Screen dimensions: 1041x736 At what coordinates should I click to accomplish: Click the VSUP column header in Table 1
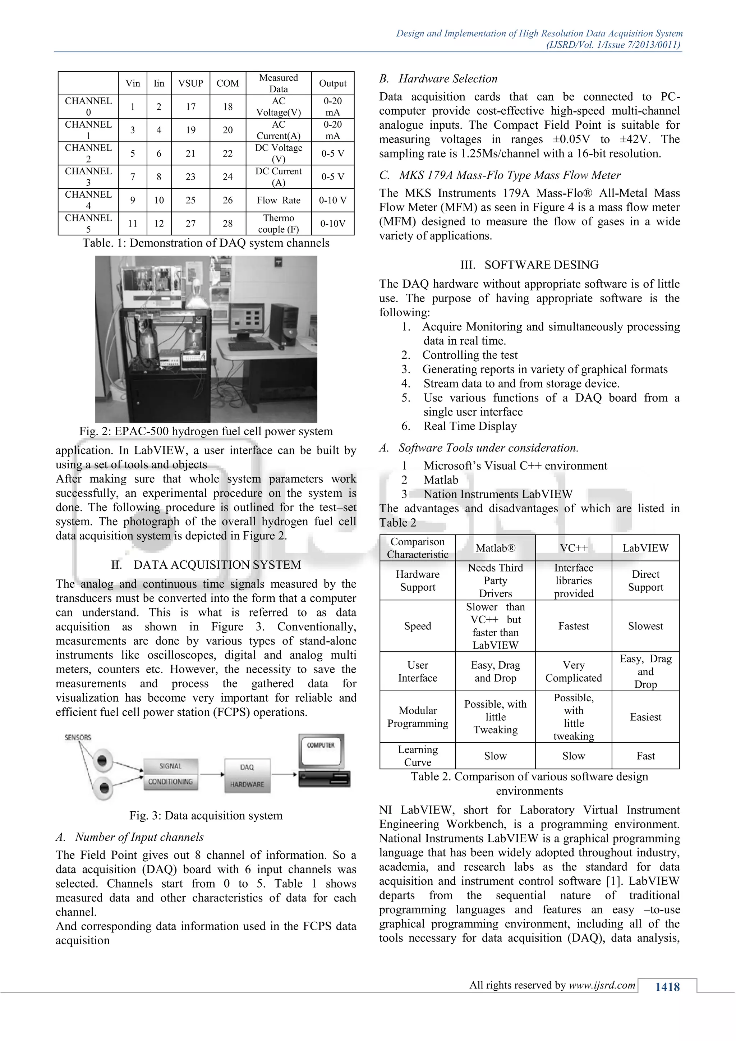190,83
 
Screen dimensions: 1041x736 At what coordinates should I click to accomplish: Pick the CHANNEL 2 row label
88,153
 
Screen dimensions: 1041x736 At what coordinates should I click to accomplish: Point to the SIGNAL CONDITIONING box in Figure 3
170,774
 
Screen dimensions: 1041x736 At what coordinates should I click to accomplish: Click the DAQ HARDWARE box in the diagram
247,775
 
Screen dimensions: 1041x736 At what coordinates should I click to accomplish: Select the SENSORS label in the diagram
78,737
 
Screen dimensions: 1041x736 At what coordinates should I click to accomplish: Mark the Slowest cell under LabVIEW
645,626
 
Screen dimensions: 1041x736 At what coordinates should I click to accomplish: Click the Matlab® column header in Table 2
495,548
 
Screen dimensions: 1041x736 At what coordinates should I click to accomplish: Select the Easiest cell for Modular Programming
645,717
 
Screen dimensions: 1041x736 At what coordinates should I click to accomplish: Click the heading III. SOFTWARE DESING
529,265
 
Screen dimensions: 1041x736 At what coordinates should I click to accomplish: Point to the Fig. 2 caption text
206,431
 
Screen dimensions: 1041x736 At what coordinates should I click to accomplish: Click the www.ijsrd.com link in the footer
602,985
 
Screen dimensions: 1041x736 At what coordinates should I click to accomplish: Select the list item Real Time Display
470,426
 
